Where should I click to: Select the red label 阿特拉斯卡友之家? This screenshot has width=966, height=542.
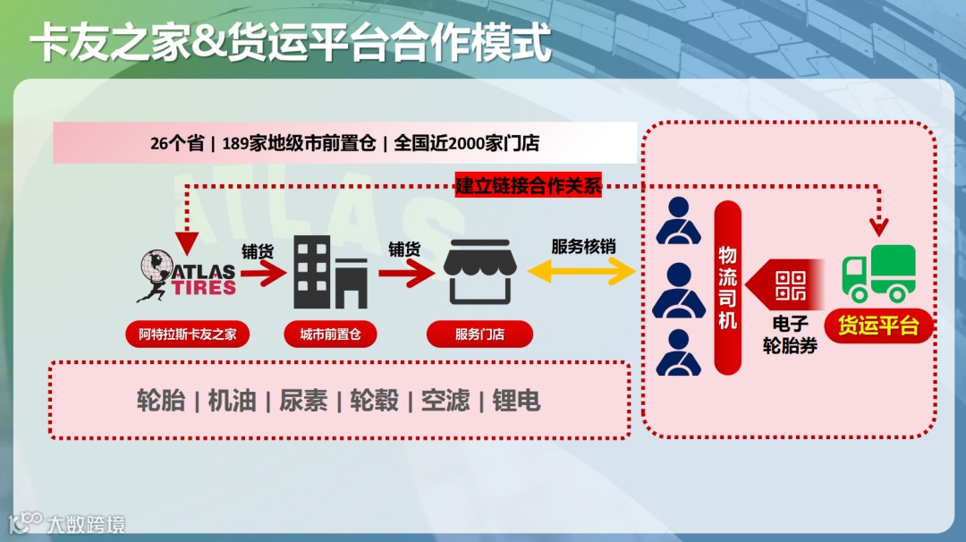188,335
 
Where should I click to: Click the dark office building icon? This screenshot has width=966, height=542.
330,272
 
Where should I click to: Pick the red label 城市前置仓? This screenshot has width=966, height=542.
330,335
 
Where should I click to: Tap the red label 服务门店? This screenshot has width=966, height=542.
479,335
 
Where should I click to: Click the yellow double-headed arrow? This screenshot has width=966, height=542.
583,273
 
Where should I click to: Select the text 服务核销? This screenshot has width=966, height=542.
583,247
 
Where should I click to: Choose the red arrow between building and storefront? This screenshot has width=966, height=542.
405,274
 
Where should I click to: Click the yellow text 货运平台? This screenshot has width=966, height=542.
878,326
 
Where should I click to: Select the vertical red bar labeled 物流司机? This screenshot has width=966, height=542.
728,287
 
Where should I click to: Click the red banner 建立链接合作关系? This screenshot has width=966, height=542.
529,186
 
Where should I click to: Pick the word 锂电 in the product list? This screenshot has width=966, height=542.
516,400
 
